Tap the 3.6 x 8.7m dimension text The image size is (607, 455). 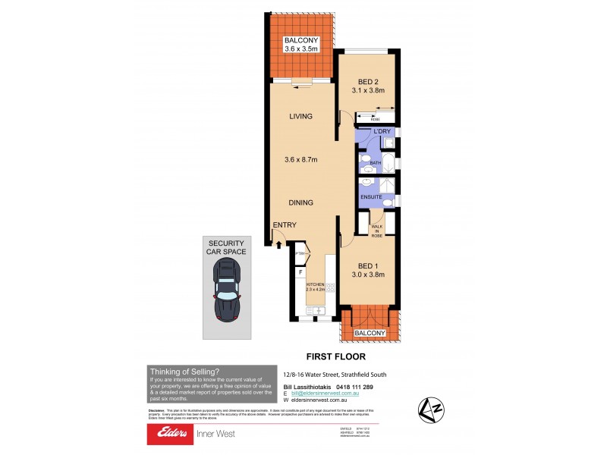pos(301,159)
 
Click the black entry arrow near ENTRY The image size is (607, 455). pos(278,243)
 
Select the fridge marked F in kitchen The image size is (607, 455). pos(300,271)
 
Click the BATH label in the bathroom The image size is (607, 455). pos(375,163)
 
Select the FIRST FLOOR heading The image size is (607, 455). pos(335,356)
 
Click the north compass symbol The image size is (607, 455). pos(431,410)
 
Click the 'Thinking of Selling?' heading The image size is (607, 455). pos(185,371)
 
